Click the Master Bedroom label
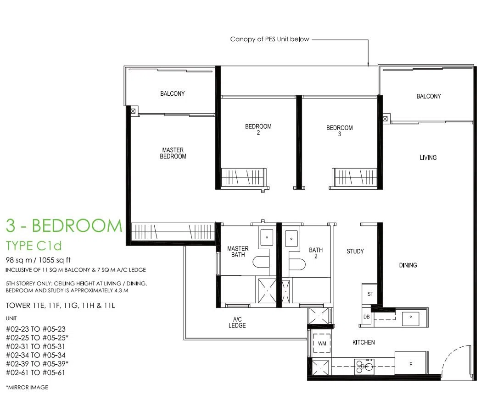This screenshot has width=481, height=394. (x=173, y=153)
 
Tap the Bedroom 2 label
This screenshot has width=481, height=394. (x=258, y=129)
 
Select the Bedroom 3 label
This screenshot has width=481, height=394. (x=340, y=131)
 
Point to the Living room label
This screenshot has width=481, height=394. (x=428, y=157)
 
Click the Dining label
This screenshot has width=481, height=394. (x=408, y=265)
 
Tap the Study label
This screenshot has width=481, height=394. (x=355, y=252)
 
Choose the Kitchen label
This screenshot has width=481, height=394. (x=364, y=342)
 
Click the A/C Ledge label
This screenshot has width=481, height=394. (x=237, y=323)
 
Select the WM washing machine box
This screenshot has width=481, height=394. (x=322, y=343)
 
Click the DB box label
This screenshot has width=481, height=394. (x=366, y=317)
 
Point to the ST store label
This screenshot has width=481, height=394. (x=370, y=294)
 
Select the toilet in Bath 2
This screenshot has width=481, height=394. (x=297, y=264)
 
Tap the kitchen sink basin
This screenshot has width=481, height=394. (x=410, y=319)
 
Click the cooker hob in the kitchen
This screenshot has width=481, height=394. (x=364, y=367)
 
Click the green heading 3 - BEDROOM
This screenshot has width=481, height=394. (x=64, y=225)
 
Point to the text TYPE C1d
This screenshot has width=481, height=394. (x=34, y=246)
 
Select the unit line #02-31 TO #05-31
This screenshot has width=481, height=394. (x=35, y=346)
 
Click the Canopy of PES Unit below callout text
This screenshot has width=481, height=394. (x=269, y=39)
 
